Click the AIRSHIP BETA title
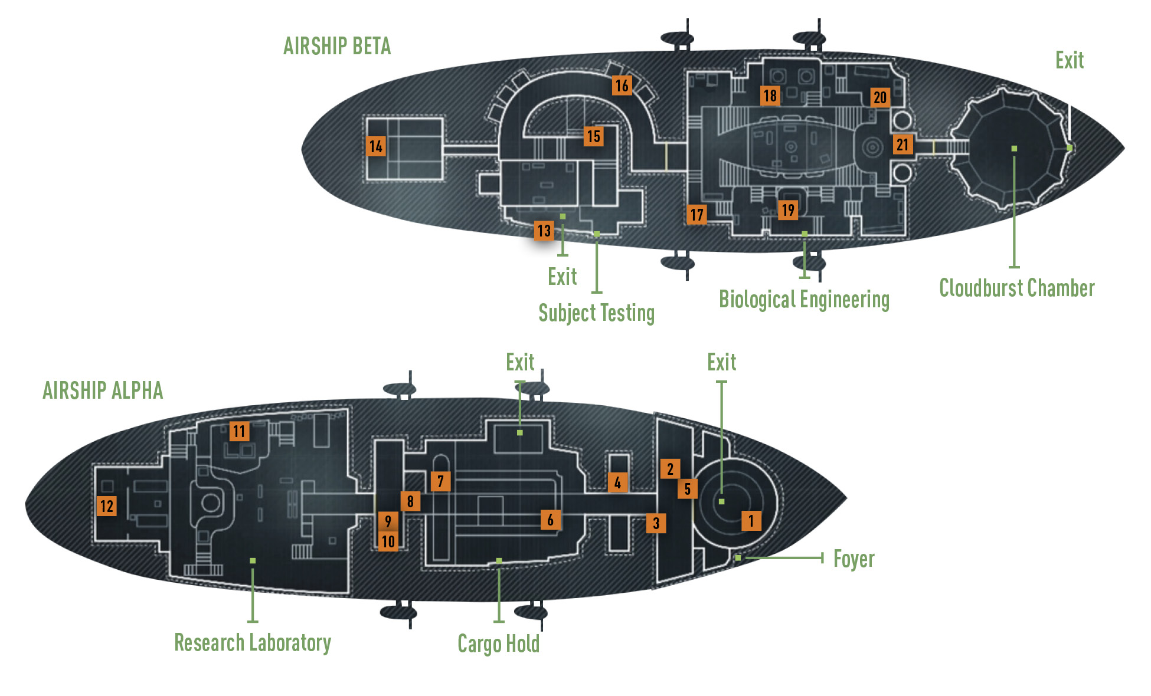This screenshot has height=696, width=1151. click(x=337, y=46)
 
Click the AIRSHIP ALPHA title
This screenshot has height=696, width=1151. click(x=103, y=390)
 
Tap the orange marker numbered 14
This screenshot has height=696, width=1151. click(x=376, y=146)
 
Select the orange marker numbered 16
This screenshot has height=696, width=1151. click(x=622, y=86)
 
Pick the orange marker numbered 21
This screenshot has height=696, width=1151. click(x=903, y=145)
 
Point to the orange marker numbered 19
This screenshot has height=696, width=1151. click(x=788, y=210)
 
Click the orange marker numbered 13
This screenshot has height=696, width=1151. click(x=544, y=231)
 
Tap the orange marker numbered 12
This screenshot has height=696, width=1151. click(x=107, y=506)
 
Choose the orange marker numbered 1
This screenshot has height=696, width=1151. click(x=751, y=521)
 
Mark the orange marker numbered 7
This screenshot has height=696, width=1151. click(x=440, y=481)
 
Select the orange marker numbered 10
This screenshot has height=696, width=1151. click(x=388, y=541)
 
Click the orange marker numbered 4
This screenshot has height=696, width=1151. click(x=617, y=482)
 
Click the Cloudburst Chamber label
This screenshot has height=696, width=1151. click(x=1017, y=288)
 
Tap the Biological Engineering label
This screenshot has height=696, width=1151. click(x=804, y=300)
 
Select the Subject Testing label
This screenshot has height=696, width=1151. click(x=596, y=313)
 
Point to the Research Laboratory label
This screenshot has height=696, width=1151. click(x=253, y=642)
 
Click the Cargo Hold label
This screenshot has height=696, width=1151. click(x=499, y=644)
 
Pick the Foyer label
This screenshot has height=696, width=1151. click(x=854, y=559)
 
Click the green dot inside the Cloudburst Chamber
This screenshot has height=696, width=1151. click(x=1014, y=149)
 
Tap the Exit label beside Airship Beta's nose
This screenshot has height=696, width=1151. click(x=1070, y=60)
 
